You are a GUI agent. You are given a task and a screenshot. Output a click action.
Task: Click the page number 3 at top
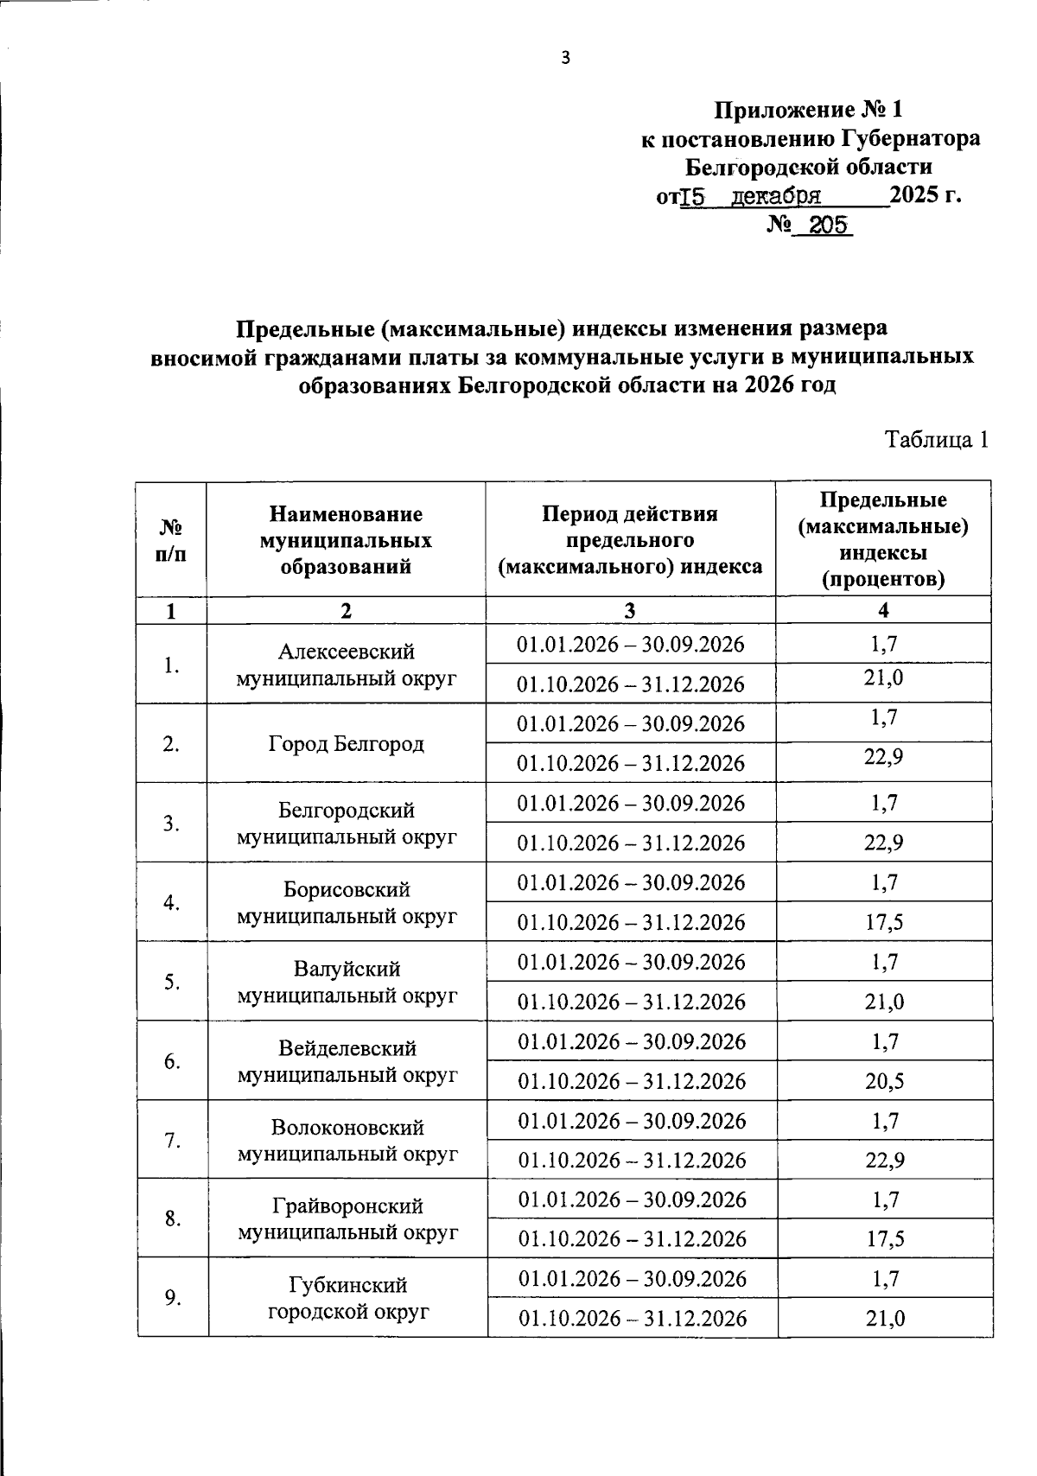pyautogui.click(x=566, y=58)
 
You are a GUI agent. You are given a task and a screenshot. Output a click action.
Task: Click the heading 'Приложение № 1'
pyautogui.click(x=808, y=110)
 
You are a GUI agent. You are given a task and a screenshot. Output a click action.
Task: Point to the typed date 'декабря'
pyautogui.click(x=776, y=195)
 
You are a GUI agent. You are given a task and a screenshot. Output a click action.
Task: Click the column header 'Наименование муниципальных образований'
pyautogui.click(x=346, y=540)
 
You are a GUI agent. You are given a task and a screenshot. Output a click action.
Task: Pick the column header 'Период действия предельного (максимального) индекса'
pyautogui.click(x=630, y=540)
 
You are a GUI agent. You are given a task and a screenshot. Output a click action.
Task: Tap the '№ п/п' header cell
pyautogui.click(x=171, y=540)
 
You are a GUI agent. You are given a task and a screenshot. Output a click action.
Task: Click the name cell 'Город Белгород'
pyautogui.click(x=346, y=743)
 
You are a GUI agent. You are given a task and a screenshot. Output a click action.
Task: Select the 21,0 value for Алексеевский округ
pyautogui.click(x=883, y=678)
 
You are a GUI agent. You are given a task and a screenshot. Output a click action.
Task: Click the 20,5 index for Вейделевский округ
pyautogui.click(x=884, y=1081)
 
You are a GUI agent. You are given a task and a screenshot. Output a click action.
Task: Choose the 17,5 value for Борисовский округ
pyautogui.click(x=884, y=922)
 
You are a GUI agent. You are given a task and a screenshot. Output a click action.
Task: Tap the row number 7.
pyautogui.click(x=172, y=1140)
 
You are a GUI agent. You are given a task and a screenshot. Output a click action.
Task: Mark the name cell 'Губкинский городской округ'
pyautogui.click(x=347, y=1298)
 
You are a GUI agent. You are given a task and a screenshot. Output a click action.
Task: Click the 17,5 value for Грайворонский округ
pyautogui.click(x=884, y=1239)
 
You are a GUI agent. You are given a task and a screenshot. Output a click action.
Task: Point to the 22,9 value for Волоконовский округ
pyautogui.click(x=884, y=1160)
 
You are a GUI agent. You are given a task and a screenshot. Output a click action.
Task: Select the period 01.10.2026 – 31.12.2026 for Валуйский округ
pyautogui.click(x=631, y=1002)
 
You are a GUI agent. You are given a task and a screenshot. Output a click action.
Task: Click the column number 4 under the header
pyautogui.click(x=883, y=610)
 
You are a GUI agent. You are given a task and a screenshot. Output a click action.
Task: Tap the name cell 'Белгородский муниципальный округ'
pyautogui.click(x=346, y=823)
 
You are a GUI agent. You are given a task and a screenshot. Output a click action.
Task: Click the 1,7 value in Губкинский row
pyautogui.click(x=885, y=1279)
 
